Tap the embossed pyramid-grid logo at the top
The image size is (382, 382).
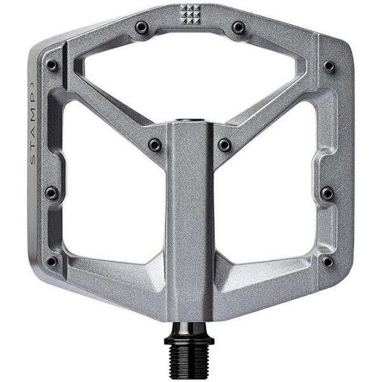[x=190, y=13]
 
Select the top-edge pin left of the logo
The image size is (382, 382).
[x=142, y=27]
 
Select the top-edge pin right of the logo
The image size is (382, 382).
[x=239, y=27]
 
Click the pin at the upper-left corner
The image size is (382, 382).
[x=52, y=66]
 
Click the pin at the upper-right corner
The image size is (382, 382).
[x=329, y=66]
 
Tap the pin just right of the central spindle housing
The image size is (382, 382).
[x=225, y=145]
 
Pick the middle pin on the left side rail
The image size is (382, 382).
[x=52, y=193]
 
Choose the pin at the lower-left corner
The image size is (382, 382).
[x=52, y=261]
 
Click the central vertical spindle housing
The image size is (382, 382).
[x=190, y=223]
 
